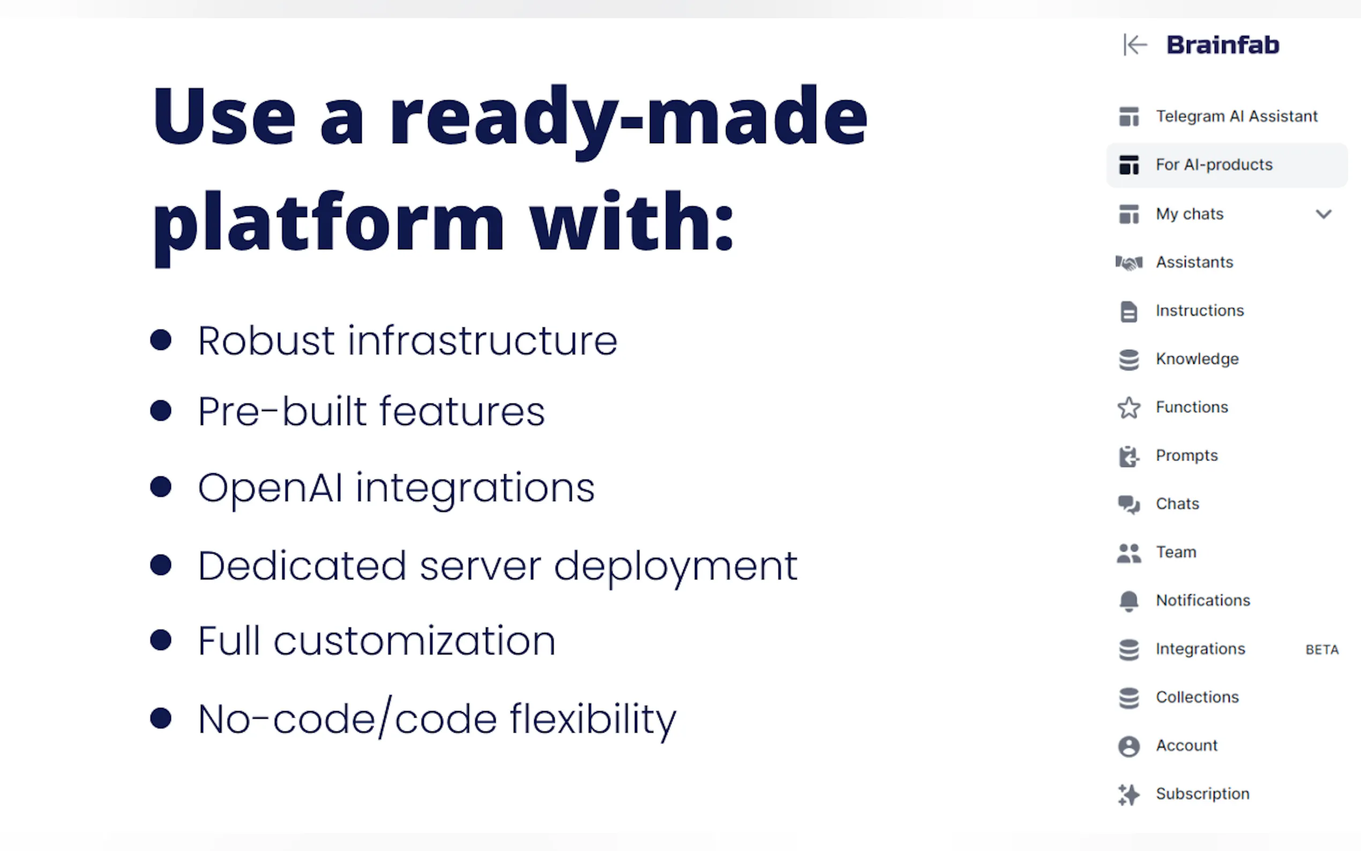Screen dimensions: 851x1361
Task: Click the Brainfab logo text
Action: point(1223,45)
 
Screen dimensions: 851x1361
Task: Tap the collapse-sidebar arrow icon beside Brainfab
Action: point(1135,45)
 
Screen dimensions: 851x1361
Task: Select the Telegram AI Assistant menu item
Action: point(1236,116)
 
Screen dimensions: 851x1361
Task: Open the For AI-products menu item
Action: point(1214,165)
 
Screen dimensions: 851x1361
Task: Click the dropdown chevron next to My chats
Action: point(1323,214)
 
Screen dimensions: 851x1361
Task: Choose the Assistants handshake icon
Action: point(1128,263)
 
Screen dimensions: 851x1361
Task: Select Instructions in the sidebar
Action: point(1200,311)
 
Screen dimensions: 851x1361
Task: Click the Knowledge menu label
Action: point(1197,359)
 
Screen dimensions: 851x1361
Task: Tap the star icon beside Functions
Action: point(1128,408)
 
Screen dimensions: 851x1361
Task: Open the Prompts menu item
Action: point(1186,456)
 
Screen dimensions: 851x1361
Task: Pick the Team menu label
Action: point(1176,552)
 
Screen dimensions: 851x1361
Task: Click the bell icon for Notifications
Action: point(1128,601)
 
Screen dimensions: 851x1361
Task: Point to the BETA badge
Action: point(1321,650)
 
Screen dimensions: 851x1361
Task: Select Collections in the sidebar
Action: point(1197,697)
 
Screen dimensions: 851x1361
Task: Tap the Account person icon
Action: point(1128,747)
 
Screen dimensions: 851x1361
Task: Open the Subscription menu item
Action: point(1202,794)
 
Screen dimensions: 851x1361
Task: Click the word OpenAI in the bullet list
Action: point(270,488)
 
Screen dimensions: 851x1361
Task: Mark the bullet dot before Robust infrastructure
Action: point(161,340)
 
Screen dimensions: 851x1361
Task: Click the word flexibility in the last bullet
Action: point(593,720)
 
